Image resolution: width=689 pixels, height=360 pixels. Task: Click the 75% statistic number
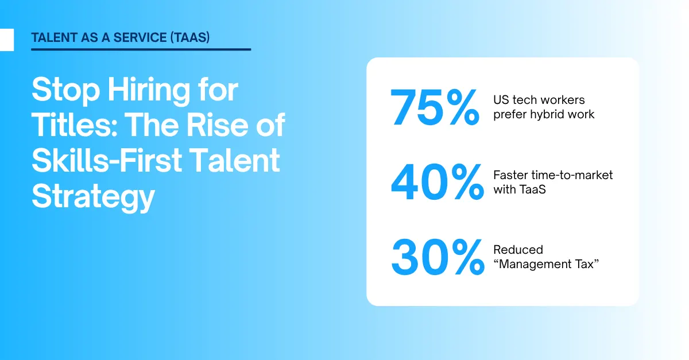click(435, 107)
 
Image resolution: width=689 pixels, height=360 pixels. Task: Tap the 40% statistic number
click(436, 182)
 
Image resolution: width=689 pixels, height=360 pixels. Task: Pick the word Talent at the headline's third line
click(241, 161)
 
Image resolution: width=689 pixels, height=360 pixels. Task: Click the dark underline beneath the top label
click(141, 49)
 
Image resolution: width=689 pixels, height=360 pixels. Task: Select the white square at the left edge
click(6, 40)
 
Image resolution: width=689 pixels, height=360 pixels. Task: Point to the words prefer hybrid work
click(544, 114)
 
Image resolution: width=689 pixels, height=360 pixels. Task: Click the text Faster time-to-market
click(552, 175)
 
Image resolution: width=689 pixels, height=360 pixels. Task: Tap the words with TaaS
click(519, 189)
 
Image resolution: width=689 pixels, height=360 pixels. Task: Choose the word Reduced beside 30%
click(518, 250)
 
